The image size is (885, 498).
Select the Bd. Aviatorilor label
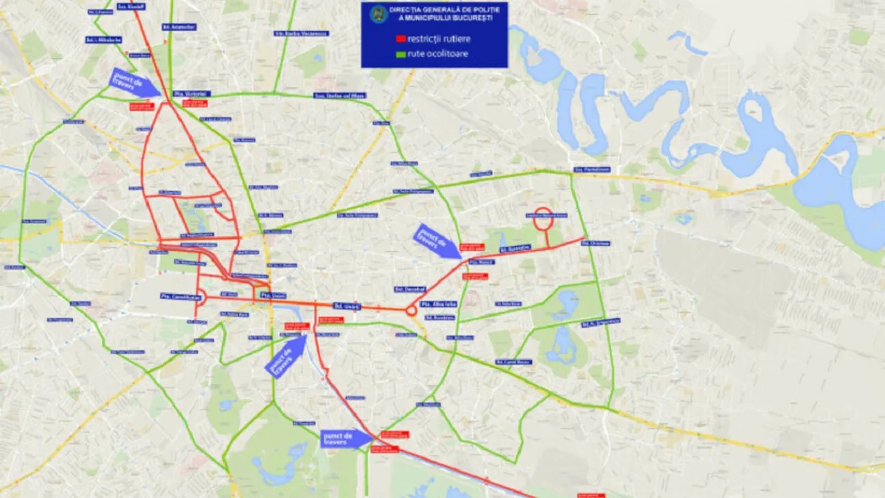179,27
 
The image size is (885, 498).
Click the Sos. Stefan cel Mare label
339,96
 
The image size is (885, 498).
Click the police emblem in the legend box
379,12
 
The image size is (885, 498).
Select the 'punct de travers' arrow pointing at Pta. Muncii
438,241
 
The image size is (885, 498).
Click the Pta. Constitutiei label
181,297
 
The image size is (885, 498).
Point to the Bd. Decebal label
410,289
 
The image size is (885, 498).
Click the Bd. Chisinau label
596,243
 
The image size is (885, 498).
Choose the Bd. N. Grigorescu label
601,322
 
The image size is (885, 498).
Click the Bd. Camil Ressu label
513,362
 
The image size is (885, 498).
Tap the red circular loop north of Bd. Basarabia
544,220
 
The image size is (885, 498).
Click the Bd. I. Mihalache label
103,40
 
